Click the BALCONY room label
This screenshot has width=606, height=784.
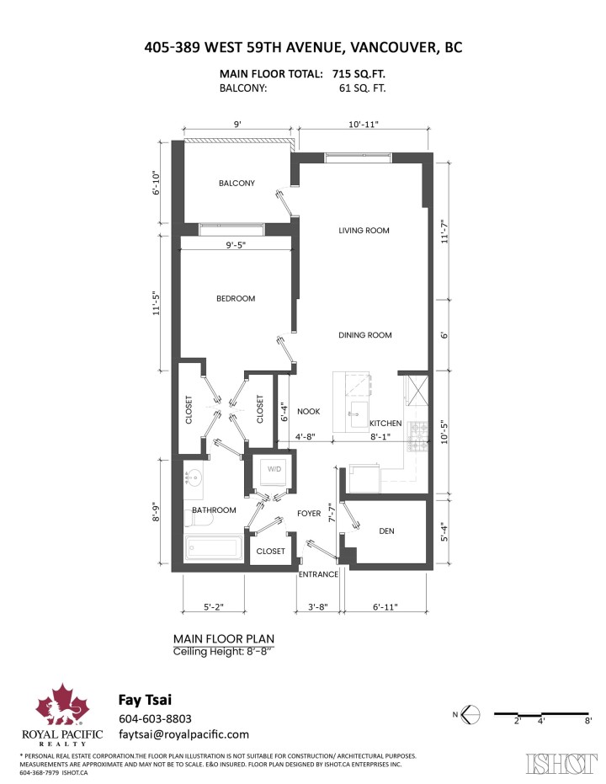coord(237,183)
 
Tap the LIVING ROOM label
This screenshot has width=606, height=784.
coord(364,230)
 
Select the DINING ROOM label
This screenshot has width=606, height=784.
coord(365,335)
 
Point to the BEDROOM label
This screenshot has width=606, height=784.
coord(236,298)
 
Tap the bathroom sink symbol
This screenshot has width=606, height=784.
coord(193,478)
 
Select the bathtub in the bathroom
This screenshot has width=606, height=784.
coord(214,548)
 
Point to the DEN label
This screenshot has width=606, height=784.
coord(386,531)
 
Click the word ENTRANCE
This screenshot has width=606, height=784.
coord(319,574)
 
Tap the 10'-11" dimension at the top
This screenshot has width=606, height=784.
coord(364,124)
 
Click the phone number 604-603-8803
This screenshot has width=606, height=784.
coord(157,718)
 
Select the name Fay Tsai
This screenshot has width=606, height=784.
coord(145,699)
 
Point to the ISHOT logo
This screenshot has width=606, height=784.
coord(556,763)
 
